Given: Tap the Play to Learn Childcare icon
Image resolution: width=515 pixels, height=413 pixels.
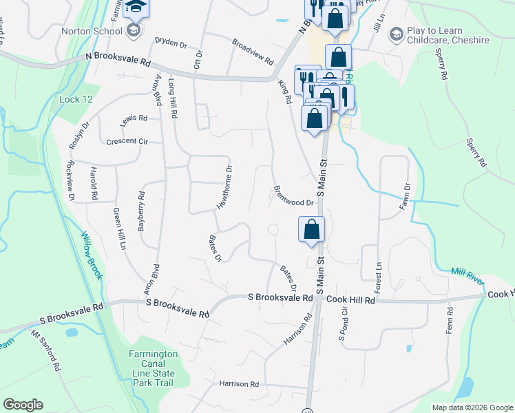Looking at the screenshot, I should pyautogui.click(x=396, y=34).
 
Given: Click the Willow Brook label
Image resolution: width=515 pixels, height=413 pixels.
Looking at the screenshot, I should pyautogui.click(x=92, y=255).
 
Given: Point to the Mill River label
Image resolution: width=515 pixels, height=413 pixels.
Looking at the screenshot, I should pyautogui.click(x=467, y=275).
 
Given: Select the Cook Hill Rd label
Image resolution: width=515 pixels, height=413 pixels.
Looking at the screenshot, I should pyautogui.click(x=350, y=300).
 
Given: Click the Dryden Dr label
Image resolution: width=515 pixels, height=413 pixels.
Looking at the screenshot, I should pyautogui.click(x=171, y=42).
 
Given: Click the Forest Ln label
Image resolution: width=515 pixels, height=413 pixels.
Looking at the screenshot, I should pyautogui.click(x=378, y=275).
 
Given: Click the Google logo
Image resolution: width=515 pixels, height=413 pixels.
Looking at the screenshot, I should pyautogui.click(x=23, y=405).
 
